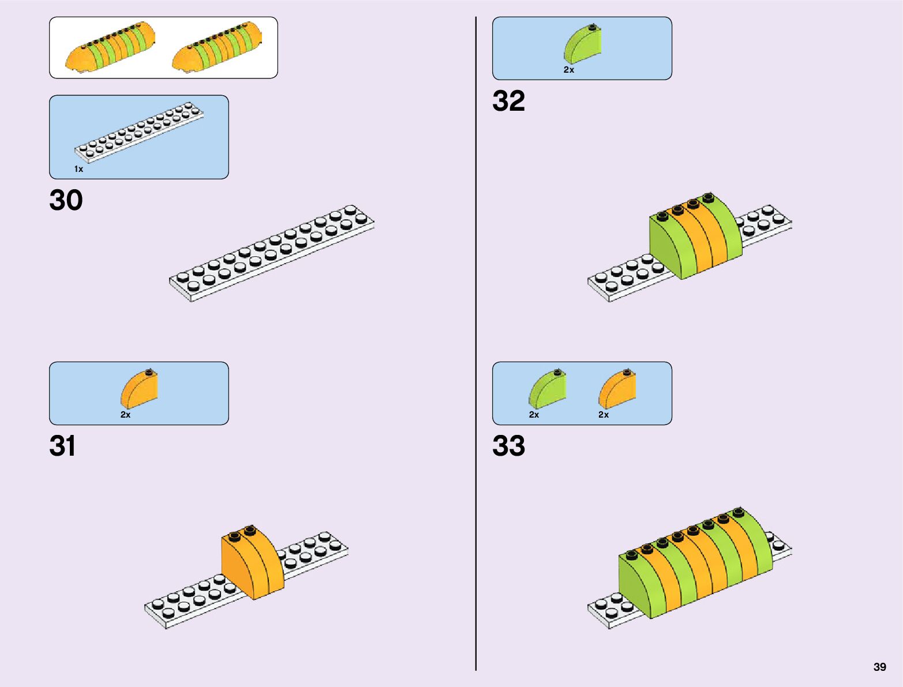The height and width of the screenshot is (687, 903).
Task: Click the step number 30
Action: (x=66, y=201)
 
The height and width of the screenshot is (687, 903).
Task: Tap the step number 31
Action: (x=62, y=446)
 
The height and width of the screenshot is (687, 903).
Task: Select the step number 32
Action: (x=508, y=101)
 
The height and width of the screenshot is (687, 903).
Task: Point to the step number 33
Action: (x=508, y=446)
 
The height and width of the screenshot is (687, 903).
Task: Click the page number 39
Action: (x=879, y=667)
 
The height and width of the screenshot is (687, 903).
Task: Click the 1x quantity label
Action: (x=78, y=169)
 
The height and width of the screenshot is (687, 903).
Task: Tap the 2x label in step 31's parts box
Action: (x=125, y=415)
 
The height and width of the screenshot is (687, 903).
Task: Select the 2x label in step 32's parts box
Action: (x=569, y=70)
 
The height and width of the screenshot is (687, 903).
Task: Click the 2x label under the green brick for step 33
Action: (x=534, y=415)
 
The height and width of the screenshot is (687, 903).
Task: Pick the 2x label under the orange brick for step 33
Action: (x=604, y=415)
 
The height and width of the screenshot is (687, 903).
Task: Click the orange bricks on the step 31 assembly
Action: (x=253, y=562)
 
